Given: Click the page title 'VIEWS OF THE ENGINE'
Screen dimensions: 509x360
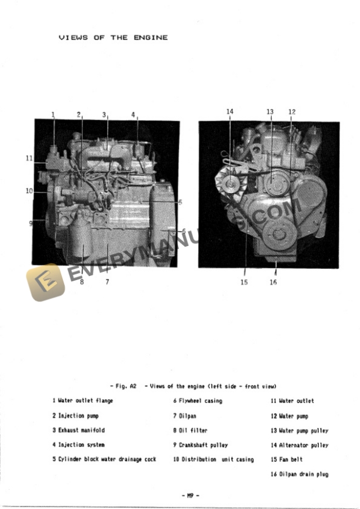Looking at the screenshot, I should (113, 38).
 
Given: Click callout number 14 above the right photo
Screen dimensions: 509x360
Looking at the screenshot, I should (229, 111).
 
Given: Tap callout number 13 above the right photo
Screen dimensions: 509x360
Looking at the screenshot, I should (270, 111).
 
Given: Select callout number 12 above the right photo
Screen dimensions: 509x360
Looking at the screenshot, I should (292, 111).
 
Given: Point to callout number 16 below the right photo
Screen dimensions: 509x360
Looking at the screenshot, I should (273, 282).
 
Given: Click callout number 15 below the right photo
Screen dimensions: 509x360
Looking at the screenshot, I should (244, 282).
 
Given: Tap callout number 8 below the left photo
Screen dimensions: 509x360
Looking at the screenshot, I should (82, 281).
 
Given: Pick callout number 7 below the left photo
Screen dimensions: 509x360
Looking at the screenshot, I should (107, 281).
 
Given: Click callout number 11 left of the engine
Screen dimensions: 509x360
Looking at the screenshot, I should (29, 158).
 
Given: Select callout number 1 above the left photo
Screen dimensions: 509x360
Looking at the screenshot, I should (53, 114).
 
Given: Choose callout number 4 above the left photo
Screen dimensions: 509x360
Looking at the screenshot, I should (133, 114).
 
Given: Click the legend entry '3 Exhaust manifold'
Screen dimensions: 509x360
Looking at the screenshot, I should (78, 430).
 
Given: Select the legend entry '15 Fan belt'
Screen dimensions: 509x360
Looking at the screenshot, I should (286, 460).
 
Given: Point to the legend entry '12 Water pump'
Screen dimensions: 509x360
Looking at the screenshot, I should (289, 416).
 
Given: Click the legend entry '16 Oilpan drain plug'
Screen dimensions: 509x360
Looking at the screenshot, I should (299, 474).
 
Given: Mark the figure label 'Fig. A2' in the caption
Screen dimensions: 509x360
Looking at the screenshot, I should (126, 386).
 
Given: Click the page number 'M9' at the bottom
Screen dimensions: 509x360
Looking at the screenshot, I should (191, 495).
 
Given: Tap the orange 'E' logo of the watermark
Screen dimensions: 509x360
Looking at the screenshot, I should (45, 282).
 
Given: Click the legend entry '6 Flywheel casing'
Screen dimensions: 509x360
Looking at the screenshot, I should (197, 401).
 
